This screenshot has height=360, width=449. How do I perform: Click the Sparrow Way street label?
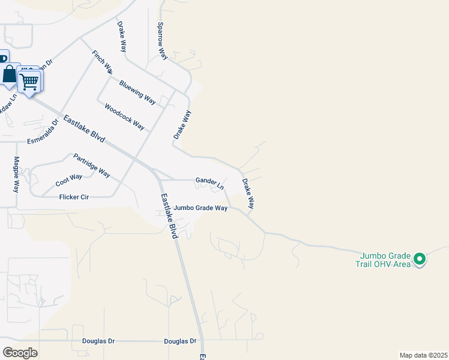point(161,41)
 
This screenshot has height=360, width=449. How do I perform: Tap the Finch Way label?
point(101,62)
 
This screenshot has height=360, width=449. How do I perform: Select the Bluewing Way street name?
point(137,92)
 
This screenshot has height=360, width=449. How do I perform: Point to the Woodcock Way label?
point(124,117)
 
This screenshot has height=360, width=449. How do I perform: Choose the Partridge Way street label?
point(92,166)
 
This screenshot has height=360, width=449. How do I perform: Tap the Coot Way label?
point(68,178)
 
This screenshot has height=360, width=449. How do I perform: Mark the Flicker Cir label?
point(74,197)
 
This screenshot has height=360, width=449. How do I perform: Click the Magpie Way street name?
point(16,174)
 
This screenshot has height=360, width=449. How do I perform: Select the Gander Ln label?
point(209,182)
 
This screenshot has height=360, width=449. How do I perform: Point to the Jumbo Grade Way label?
point(200,208)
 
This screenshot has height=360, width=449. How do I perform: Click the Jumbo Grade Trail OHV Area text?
point(385,260)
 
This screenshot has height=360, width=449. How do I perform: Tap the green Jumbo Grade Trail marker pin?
point(420,260)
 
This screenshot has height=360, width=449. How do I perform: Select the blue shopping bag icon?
point(10,75)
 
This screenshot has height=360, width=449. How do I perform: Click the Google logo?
point(20,352)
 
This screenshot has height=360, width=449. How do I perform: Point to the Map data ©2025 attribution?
point(423,355)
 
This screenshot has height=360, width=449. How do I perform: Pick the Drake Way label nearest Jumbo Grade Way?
point(248,193)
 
